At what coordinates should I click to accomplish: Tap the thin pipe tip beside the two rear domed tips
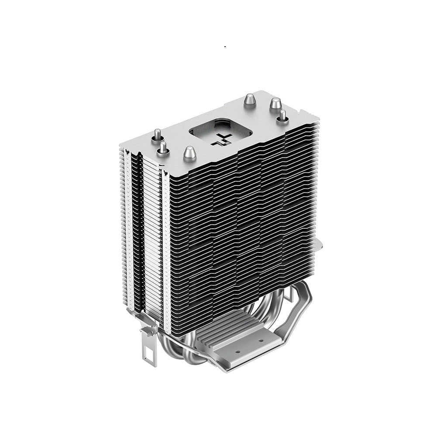click(282, 117)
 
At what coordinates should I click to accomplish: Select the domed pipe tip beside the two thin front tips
click(189, 154)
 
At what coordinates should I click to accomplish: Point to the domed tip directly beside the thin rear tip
click(275, 105)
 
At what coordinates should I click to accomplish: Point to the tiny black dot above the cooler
click(225, 46)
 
